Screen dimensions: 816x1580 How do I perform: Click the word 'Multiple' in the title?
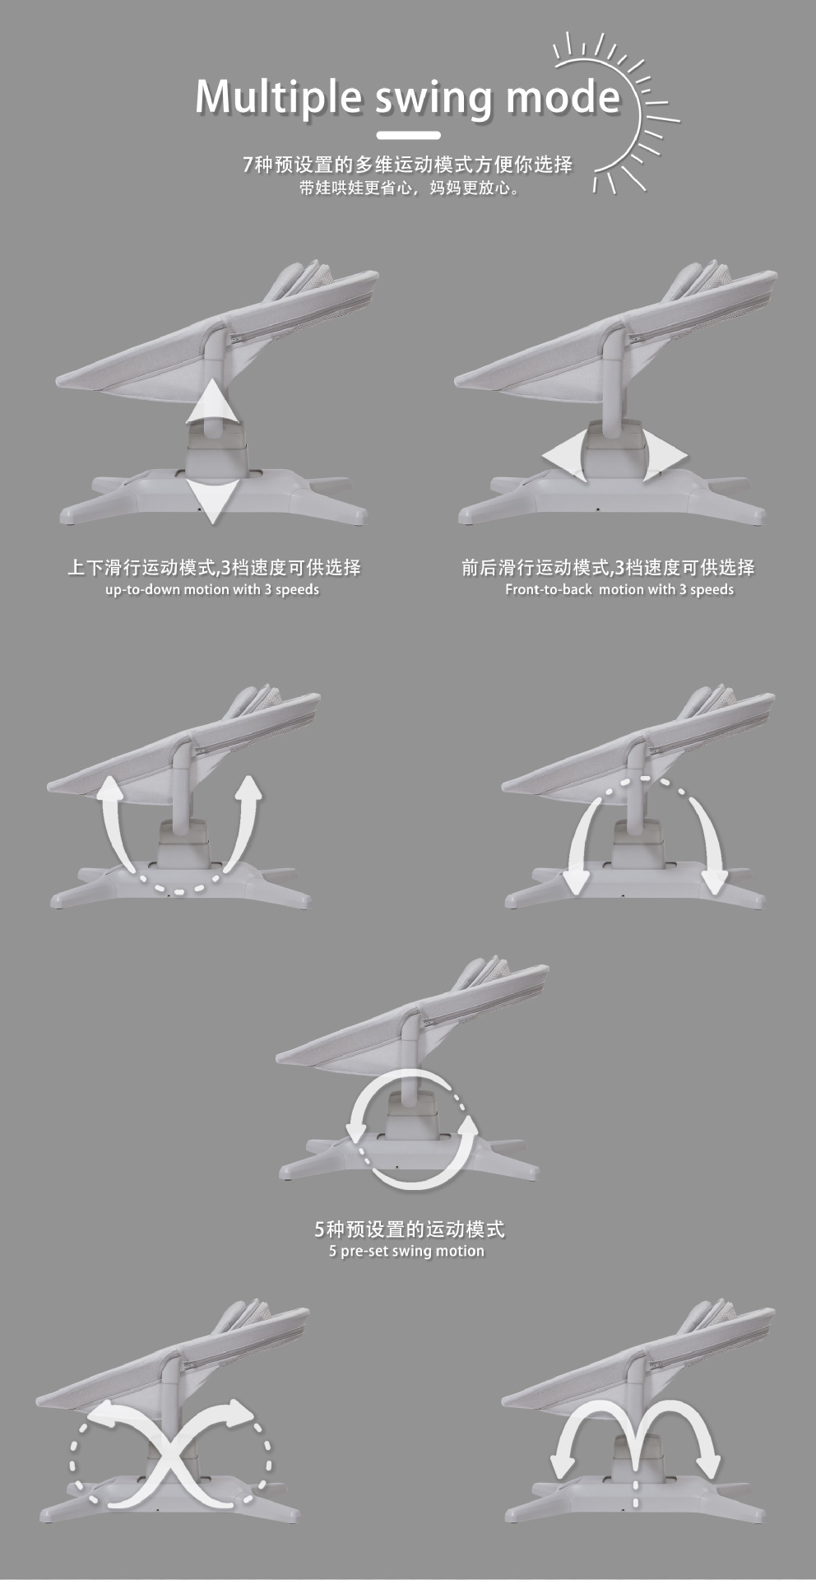coord(278,97)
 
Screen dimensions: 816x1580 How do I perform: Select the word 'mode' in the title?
coord(563,96)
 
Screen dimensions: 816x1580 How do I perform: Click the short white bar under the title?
coord(409,136)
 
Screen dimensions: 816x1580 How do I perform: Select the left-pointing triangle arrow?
coord(564,453)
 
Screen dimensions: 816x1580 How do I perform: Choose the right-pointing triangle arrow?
coord(665,454)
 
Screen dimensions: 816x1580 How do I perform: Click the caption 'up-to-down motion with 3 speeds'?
coord(212,590)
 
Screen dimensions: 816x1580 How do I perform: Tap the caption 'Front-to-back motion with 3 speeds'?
coord(619,589)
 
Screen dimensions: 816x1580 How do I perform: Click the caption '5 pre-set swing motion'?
coord(406,1252)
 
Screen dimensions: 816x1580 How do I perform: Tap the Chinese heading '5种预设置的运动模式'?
coord(409,1229)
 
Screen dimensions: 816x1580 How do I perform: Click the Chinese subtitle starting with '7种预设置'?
coord(408,165)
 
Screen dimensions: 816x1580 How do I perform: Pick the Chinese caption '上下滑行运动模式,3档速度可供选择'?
coord(214,568)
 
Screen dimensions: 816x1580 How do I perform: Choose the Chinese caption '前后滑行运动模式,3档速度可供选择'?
coord(608,568)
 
